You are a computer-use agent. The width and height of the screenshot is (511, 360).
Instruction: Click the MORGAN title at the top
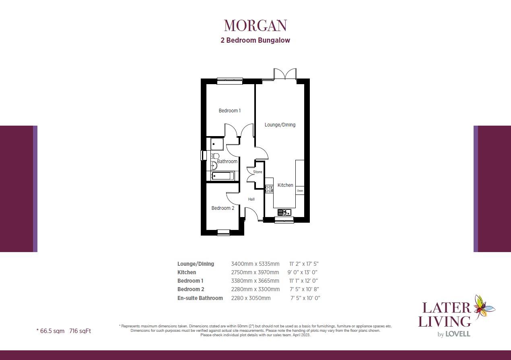(x=255, y=25)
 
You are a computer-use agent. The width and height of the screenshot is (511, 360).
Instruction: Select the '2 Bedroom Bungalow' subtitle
(x=255, y=40)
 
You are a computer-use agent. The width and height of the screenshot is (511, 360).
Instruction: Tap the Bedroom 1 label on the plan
(x=229, y=111)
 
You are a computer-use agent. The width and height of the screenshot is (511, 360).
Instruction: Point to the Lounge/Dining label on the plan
(x=280, y=125)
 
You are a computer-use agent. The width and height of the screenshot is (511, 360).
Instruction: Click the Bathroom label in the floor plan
(x=227, y=161)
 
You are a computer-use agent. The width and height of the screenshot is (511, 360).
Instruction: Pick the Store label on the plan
(x=258, y=172)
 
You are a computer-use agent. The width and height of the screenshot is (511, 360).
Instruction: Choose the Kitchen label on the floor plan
(x=285, y=185)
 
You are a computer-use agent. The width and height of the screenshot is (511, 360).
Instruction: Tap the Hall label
(x=251, y=199)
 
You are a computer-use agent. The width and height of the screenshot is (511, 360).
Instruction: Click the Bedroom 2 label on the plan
(x=223, y=208)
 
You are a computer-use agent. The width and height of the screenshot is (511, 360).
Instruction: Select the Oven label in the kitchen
(x=300, y=190)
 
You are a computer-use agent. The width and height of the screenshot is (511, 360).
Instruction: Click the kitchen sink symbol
(x=284, y=212)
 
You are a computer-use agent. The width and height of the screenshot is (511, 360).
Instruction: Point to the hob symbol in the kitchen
(x=269, y=188)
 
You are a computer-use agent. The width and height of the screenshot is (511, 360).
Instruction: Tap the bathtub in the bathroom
(x=221, y=176)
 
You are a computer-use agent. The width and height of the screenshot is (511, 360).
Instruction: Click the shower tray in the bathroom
(x=217, y=144)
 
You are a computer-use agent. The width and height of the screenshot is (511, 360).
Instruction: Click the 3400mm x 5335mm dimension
(x=255, y=264)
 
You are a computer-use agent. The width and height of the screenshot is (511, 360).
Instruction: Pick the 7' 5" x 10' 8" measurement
(x=304, y=290)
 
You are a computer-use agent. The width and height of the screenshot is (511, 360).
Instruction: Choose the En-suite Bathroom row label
(x=200, y=298)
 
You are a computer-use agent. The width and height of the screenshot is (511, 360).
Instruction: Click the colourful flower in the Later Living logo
(x=484, y=307)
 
